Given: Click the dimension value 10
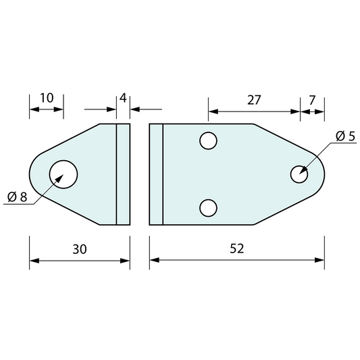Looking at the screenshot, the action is pos(47,98).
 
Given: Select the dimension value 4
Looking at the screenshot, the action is pos(123,98).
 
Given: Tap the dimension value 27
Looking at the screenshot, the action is pos(254,100).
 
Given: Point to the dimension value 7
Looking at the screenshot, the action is pos(312,100).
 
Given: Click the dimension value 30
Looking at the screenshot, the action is pos(80,249).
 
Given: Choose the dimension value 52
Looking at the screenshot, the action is pos(236,249).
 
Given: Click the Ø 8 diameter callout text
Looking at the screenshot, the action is pos(17,197).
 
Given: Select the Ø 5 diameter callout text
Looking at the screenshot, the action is pos(345,136).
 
